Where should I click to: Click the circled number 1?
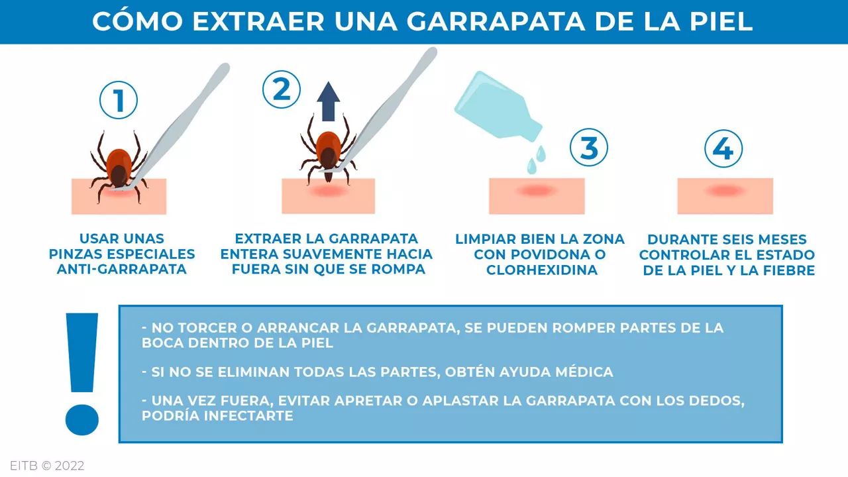point(119,101)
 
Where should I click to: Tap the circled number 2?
point(282,89)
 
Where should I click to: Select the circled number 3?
point(589,148)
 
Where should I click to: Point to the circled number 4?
point(723,148)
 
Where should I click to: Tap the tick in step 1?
point(118,166)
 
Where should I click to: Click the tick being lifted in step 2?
point(327,152)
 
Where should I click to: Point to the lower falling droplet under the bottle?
point(531,167)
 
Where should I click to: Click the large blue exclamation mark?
point(82,374)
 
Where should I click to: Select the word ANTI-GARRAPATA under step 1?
point(121,270)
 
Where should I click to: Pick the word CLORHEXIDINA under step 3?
point(542,270)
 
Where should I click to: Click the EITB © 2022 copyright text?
point(47,466)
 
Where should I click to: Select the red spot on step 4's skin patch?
point(724,191)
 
